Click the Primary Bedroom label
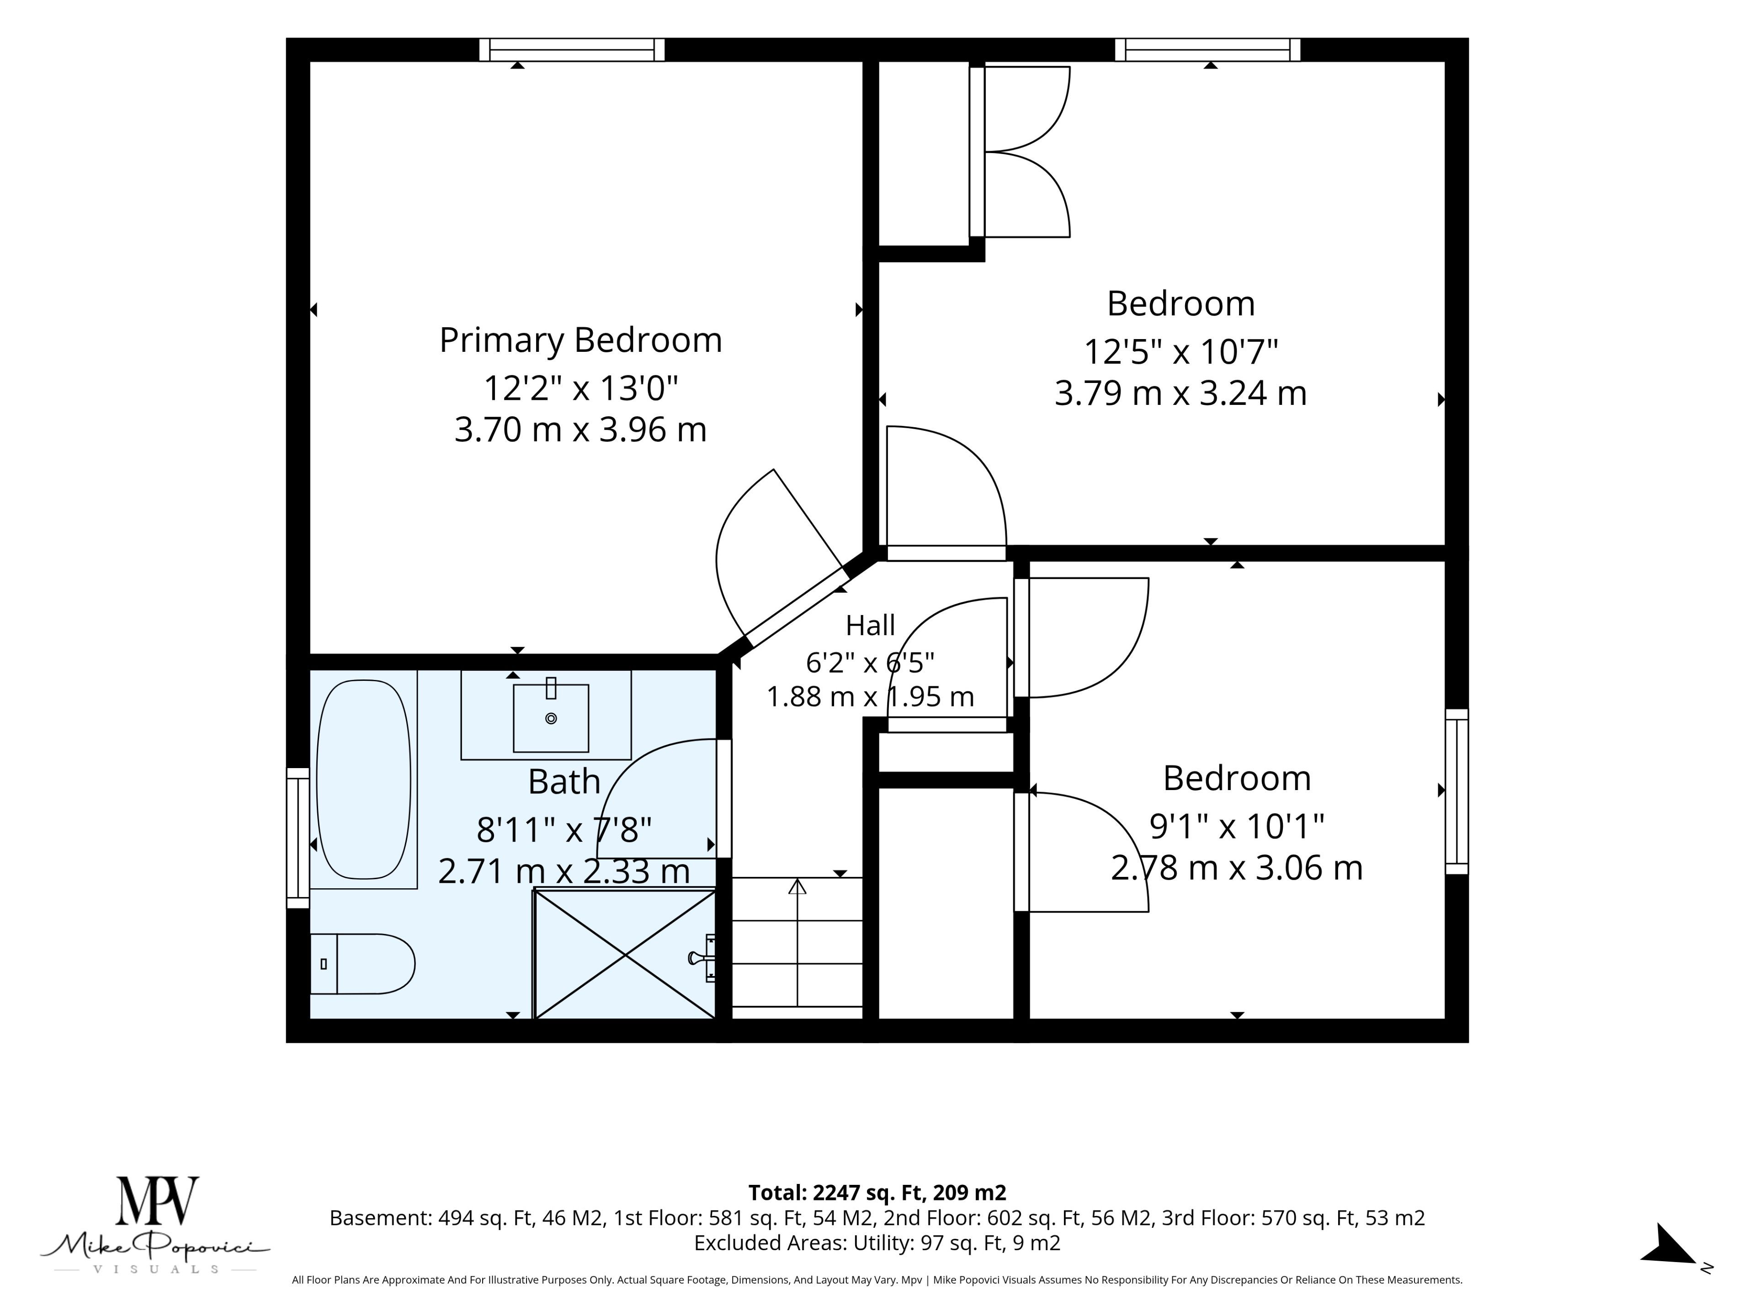tap(581, 340)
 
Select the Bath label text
tap(564, 782)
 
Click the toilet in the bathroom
tap(362, 964)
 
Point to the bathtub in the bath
tap(364, 780)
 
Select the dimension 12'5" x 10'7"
tap(1181, 351)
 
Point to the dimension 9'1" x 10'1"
tap(1237, 827)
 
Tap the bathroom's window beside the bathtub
tap(298, 838)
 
